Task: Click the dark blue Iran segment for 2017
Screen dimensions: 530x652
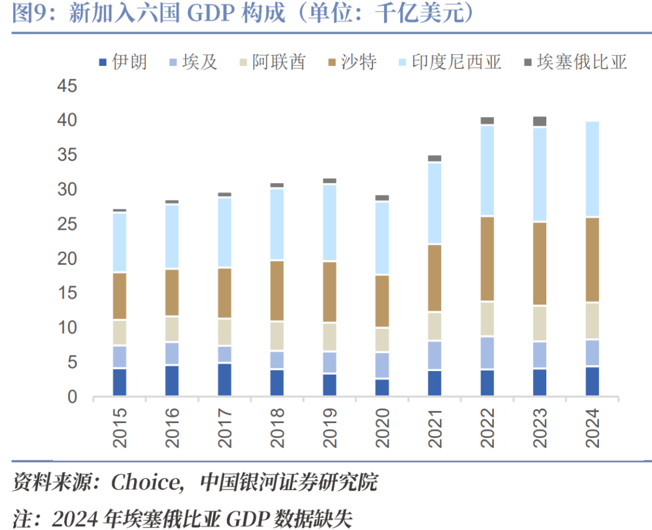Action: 225,380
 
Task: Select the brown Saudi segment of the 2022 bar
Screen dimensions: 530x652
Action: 487,259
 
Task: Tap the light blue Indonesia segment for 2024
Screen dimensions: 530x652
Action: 592,169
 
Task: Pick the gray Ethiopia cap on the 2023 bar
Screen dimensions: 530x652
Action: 540,121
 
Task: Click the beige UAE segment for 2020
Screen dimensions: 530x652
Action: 382,340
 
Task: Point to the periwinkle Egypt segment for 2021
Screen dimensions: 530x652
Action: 435,355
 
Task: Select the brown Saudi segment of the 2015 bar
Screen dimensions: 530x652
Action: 120,296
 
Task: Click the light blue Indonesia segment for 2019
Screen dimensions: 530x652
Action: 330,223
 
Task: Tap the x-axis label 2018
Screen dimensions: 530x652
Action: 277,428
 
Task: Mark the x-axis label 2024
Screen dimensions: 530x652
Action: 592,428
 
